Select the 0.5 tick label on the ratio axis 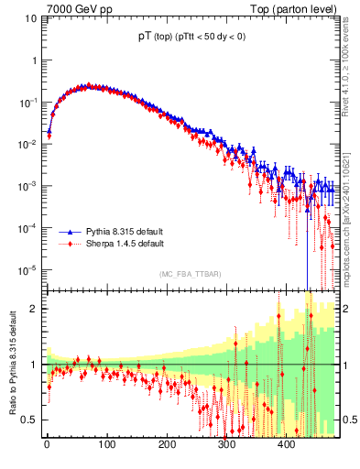(31, 420)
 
